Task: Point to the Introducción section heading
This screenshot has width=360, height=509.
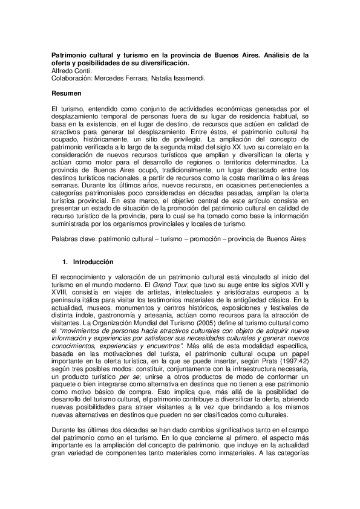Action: pos(93,263)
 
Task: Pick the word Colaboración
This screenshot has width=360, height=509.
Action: pos(70,78)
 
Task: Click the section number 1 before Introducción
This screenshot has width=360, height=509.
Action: pos(64,263)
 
